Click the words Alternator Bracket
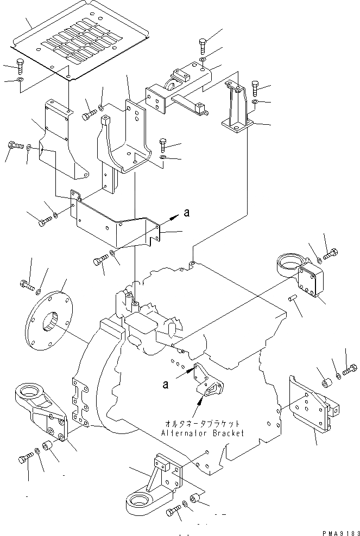point(203,433)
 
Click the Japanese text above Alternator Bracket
point(202,424)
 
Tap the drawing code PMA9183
point(341,533)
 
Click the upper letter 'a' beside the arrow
point(186,213)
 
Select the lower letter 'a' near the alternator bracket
point(166,385)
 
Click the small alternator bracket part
point(209,380)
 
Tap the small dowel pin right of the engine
point(292,298)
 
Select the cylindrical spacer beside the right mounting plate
point(327,382)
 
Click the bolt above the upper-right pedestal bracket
point(255,88)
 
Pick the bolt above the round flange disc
point(27,285)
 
